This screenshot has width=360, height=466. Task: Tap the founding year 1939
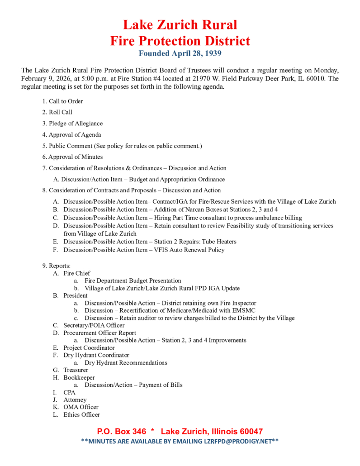pos(211,54)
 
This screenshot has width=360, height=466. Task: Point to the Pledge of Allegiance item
pos(76,124)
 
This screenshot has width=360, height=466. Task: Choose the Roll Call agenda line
pos(61,112)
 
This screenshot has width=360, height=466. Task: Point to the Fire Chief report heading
pos(76,273)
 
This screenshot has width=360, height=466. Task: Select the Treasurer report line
pos(76,370)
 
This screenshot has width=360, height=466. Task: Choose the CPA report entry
pos(69,392)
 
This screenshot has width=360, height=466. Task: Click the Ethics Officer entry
pos(81,414)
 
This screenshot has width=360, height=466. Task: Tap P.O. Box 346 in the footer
pos(121,432)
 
